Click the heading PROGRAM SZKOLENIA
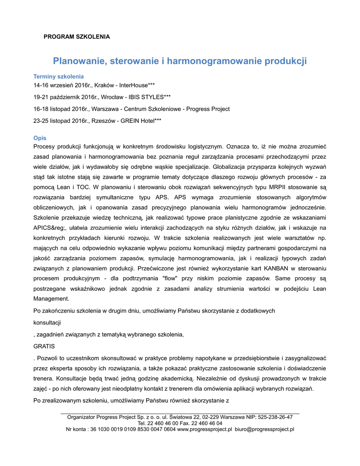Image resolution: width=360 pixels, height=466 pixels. pyautogui.click(x=76, y=36)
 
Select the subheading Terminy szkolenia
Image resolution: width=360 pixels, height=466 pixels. pyautogui.click(x=59, y=76)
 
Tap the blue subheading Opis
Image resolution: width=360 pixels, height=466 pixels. pyautogui.click(x=40, y=138)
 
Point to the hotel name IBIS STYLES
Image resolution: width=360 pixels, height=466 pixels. pyautogui.click(x=148, y=97)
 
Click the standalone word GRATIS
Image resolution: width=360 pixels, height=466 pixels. pyautogui.click(x=44, y=346)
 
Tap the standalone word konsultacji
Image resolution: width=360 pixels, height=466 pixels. pyautogui.click(x=47, y=322)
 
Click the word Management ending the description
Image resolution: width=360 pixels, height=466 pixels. pyautogui.click(x=51, y=299)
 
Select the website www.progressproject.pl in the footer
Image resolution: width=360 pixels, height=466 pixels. pyautogui.click(x=204, y=429)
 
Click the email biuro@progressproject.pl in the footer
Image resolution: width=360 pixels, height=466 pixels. pyautogui.click(x=264, y=429)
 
